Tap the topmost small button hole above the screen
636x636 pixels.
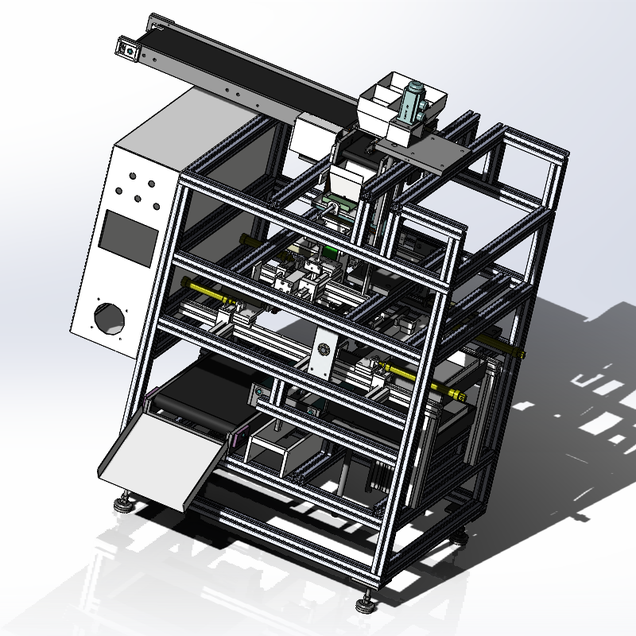[x=131, y=173]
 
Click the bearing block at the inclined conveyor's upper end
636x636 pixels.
[x=127, y=51]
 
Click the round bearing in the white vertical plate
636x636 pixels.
[x=324, y=350]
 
